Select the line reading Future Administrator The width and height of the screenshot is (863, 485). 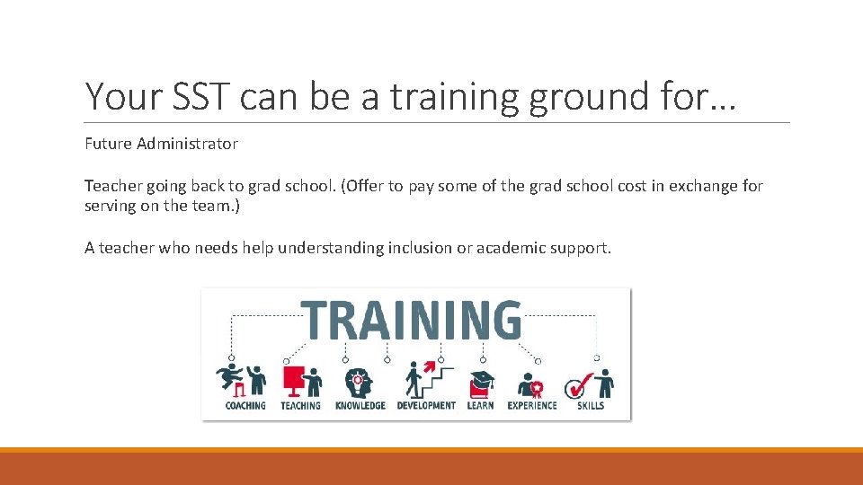point(161,143)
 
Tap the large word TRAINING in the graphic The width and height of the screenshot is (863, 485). point(414,319)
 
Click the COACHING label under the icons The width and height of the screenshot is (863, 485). point(245,406)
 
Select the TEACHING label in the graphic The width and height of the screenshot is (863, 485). point(300,406)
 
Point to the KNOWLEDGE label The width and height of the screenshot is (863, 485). point(360,406)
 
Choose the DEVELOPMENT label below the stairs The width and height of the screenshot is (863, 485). point(426,406)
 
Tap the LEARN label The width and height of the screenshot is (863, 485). point(480,406)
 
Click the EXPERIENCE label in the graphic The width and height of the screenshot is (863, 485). point(532,406)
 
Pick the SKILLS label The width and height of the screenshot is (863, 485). point(591,406)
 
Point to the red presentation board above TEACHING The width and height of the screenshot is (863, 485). point(293,379)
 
